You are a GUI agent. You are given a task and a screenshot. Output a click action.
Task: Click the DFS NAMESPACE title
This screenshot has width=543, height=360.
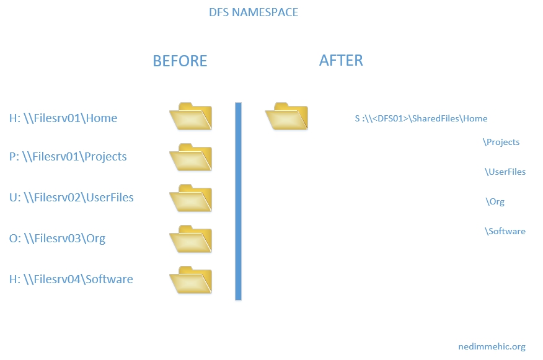tap(254, 12)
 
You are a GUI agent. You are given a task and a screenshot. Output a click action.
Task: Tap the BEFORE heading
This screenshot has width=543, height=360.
tap(180, 61)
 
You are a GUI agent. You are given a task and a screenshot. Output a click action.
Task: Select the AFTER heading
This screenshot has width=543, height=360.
tap(341, 60)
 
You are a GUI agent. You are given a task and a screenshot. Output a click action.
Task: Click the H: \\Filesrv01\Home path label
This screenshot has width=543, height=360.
tap(63, 118)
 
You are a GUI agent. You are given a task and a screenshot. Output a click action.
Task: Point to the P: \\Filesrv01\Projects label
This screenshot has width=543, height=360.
tap(68, 157)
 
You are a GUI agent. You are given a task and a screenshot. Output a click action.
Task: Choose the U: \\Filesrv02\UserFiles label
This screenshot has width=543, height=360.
tap(71, 198)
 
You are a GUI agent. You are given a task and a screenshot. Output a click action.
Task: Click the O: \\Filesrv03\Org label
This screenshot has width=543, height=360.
tap(57, 238)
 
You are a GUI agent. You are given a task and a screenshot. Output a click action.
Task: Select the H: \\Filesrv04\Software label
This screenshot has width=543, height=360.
tap(71, 279)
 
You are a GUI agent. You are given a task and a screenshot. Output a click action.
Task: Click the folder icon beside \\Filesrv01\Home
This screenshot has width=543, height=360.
tap(191, 116)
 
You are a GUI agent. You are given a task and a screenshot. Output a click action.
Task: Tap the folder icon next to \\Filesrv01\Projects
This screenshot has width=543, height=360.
tap(191, 157)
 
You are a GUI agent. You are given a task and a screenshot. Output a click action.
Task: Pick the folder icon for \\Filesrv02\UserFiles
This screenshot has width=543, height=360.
tap(191, 198)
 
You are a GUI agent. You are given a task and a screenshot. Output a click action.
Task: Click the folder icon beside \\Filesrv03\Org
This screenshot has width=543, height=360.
tap(191, 239)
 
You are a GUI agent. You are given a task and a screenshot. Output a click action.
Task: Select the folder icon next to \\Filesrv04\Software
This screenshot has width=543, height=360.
tap(191, 279)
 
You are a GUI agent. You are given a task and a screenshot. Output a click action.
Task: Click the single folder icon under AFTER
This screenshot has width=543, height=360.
tap(286, 116)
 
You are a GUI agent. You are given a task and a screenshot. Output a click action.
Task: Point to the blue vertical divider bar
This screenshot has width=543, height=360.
tap(238, 201)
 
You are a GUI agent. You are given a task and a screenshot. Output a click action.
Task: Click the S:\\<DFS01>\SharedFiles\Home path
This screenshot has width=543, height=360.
tap(421, 118)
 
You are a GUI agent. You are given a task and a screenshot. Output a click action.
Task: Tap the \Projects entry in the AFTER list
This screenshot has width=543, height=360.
tap(501, 142)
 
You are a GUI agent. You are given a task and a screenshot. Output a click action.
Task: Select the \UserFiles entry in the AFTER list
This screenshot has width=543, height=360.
tap(505, 172)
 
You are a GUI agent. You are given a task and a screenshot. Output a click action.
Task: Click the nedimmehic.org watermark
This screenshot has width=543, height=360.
tap(492, 346)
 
